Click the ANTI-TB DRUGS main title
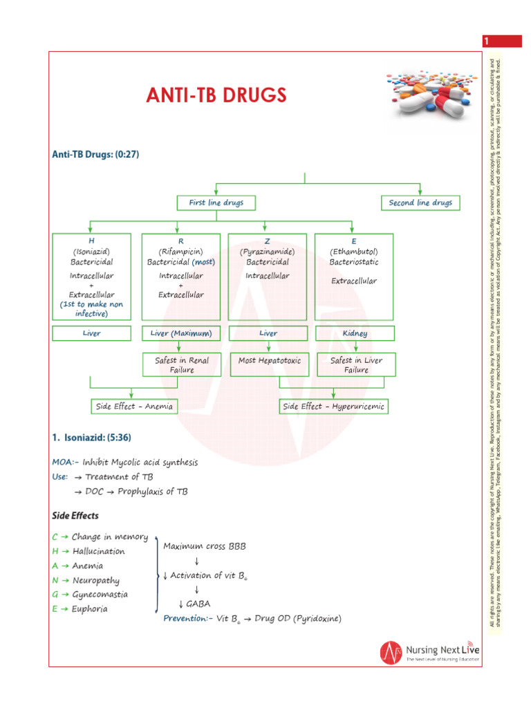[x=216, y=95]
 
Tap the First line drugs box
[x=216, y=203]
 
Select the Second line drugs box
[x=420, y=203]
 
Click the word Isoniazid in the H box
[x=91, y=252]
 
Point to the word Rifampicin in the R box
[x=181, y=252]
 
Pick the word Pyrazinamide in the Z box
[x=268, y=252]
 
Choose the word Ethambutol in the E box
[x=354, y=252]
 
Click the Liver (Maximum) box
[x=181, y=333]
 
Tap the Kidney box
[x=354, y=333]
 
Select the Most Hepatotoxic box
[x=270, y=361]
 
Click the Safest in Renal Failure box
[x=181, y=365]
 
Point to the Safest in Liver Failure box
[x=356, y=365]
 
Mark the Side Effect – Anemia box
[x=134, y=407]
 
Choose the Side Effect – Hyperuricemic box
[x=333, y=407]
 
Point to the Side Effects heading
[x=75, y=516]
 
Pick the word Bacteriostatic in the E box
[x=354, y=263]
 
